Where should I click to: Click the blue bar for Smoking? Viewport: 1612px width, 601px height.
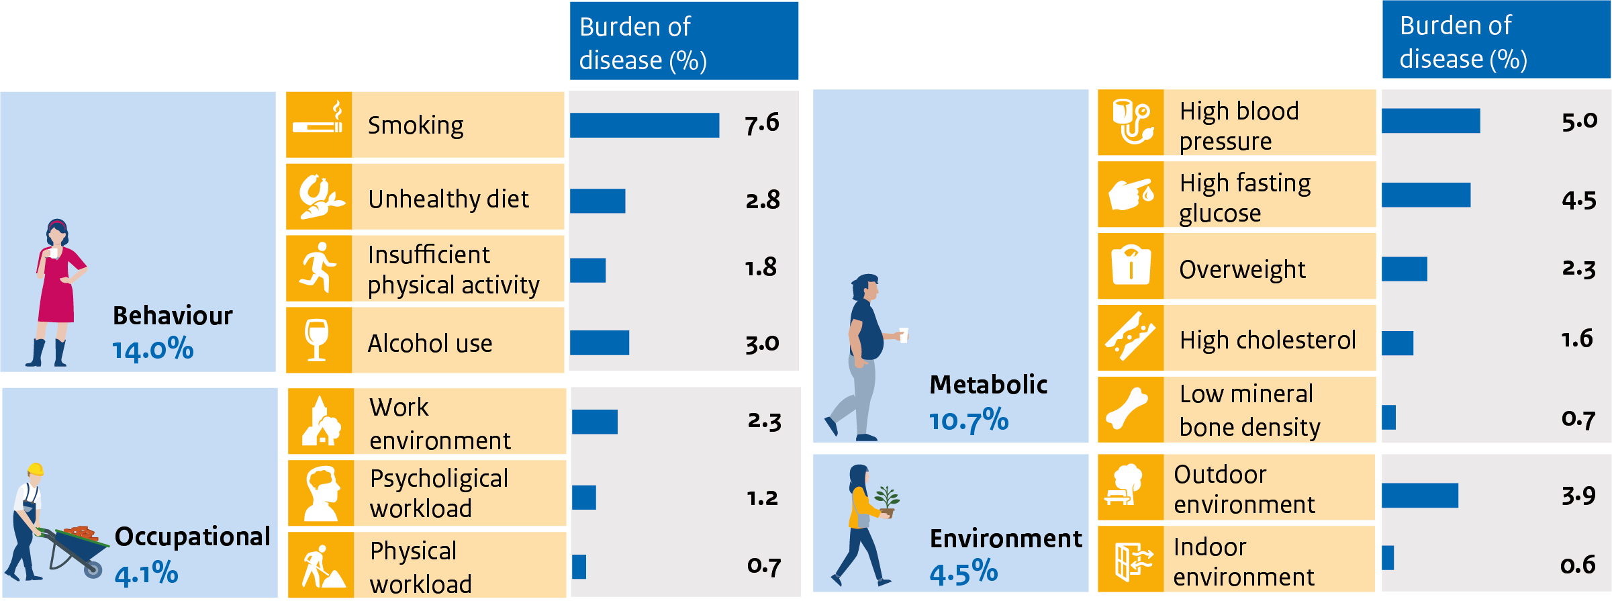pos(644,126)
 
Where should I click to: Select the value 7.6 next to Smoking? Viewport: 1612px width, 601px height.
pos(761,124)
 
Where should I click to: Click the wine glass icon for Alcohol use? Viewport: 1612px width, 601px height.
pos(317,340)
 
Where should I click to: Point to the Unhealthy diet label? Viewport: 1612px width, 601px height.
pos(448,199)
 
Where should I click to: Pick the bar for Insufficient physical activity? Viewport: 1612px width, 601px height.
pos(587,270)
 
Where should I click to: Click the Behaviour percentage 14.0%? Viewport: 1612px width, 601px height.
pos(153,350)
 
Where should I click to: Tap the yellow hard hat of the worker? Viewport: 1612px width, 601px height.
pos(36,469)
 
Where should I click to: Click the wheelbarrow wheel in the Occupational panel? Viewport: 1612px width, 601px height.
pos(93,569)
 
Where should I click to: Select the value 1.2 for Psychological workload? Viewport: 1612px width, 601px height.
pos(762,498)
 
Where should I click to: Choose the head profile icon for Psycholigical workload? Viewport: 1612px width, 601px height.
pos(322,494)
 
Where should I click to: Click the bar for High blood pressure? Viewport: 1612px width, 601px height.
pos(1430,121)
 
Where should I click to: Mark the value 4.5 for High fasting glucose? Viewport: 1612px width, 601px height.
pos(1578,201)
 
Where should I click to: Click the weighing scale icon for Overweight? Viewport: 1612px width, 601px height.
pos(1131,265)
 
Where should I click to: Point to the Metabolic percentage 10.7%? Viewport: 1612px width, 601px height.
pos(968,421)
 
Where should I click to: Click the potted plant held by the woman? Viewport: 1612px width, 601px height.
pos(887,501)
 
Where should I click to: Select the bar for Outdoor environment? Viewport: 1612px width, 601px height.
pos(1419,496)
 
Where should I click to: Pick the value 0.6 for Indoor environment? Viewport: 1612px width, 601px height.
pos(1577,565)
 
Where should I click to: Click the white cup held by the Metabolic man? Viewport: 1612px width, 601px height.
pos(904,334)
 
